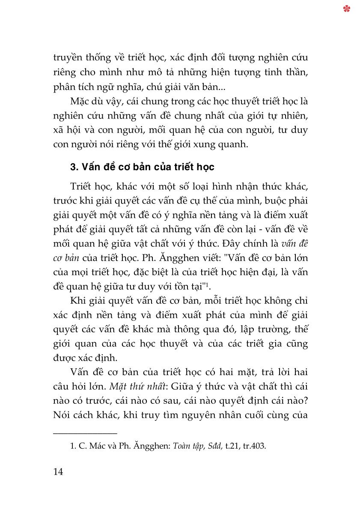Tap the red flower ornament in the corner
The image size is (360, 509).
[347, 9]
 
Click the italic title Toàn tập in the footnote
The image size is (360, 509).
[187, 447]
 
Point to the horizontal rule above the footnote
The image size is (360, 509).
[85, 434]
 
